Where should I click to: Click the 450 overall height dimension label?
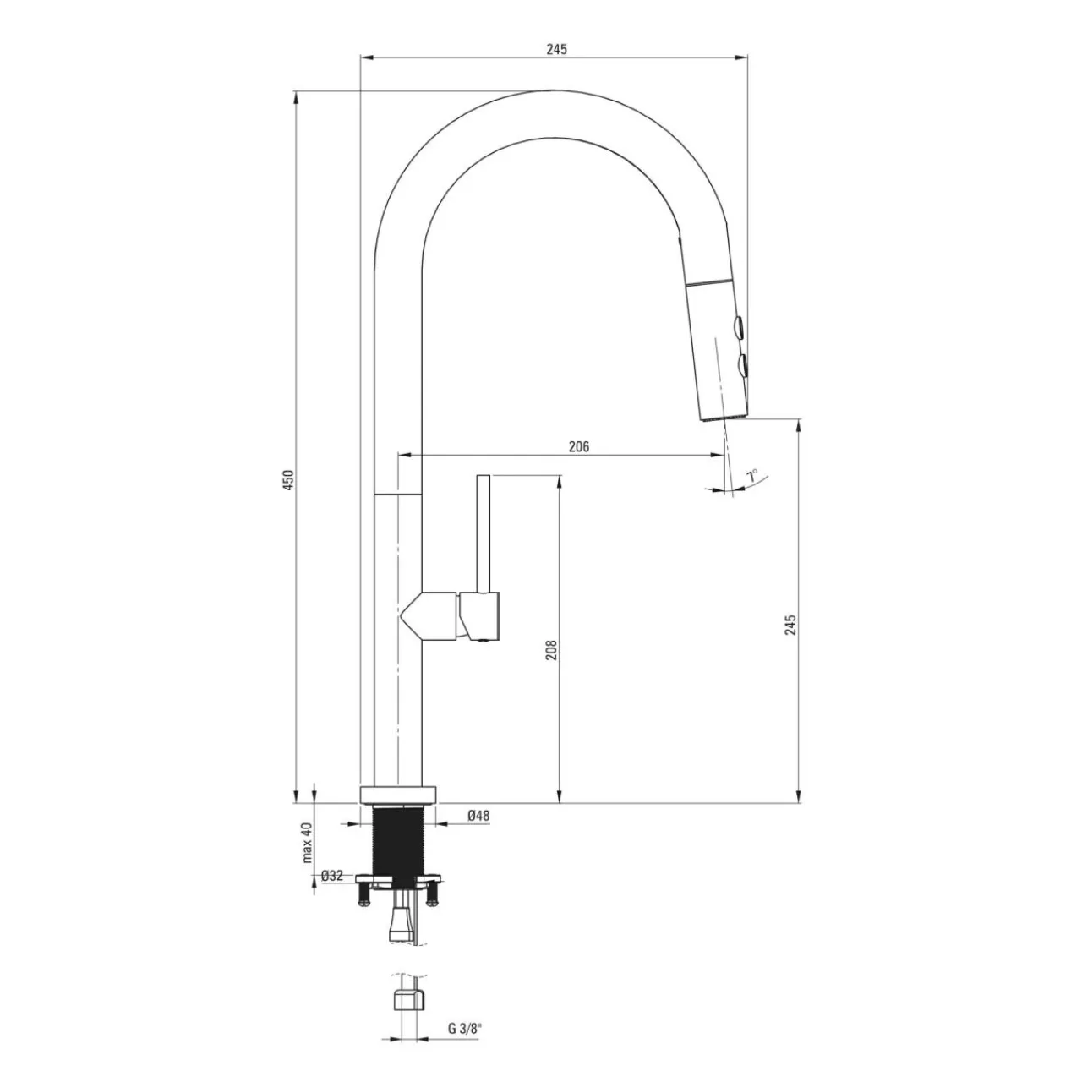(x=287, y=480)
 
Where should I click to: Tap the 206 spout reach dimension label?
(x=579, y=446)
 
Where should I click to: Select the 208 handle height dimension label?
(x=551, y=650)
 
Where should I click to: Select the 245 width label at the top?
(x=556, y=49)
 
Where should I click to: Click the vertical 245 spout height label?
(x=790, y=625)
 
